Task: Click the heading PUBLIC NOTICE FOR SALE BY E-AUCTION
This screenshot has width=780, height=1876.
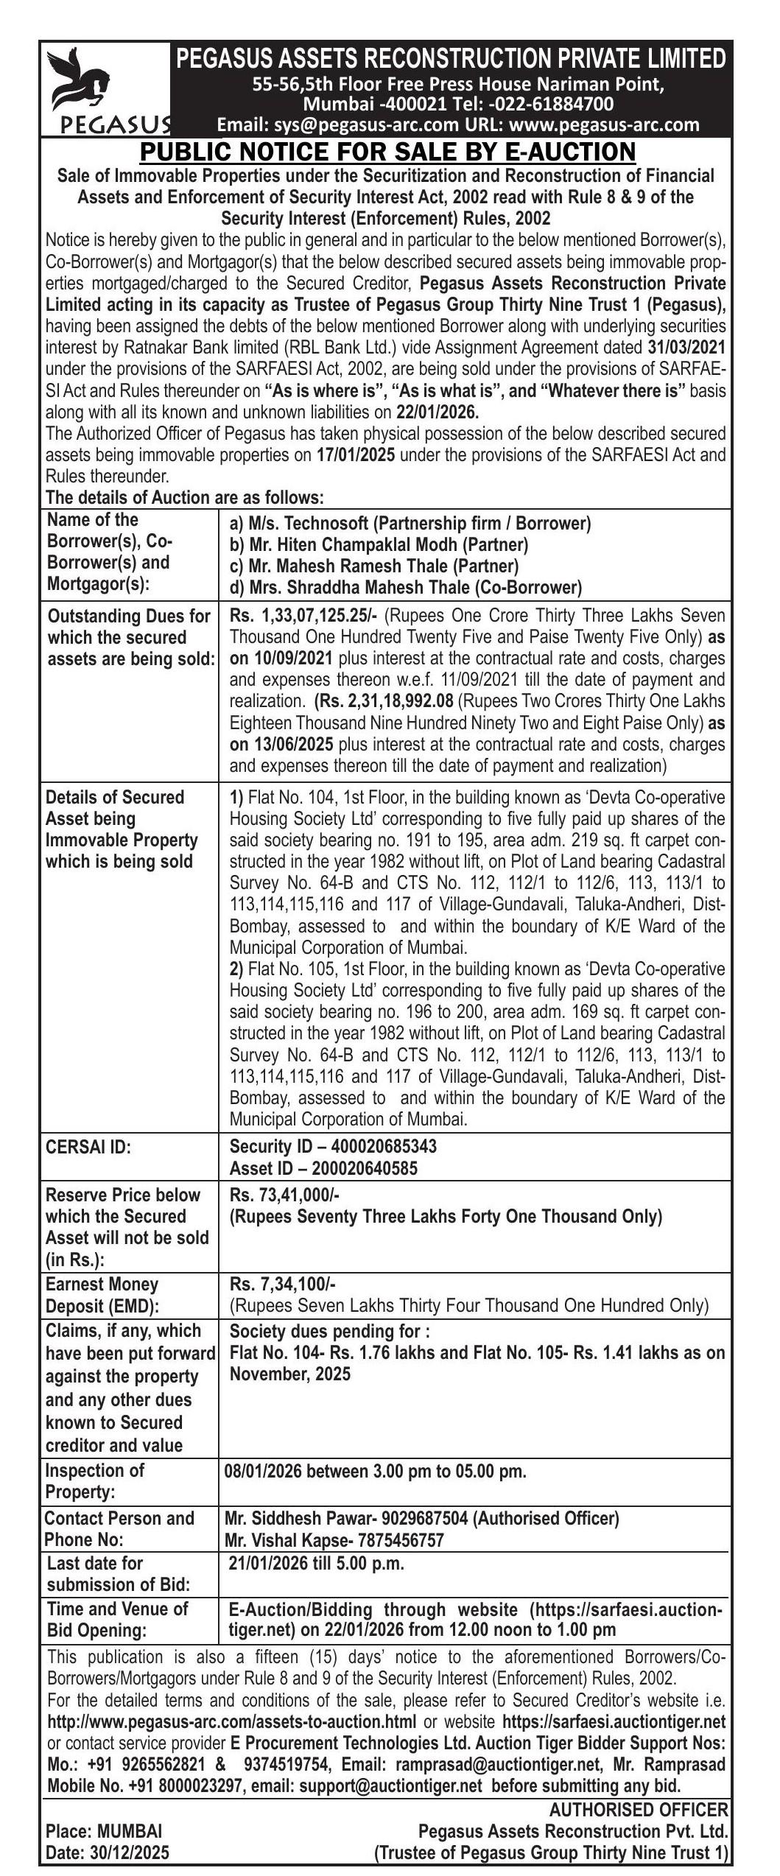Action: click(387, 152)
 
